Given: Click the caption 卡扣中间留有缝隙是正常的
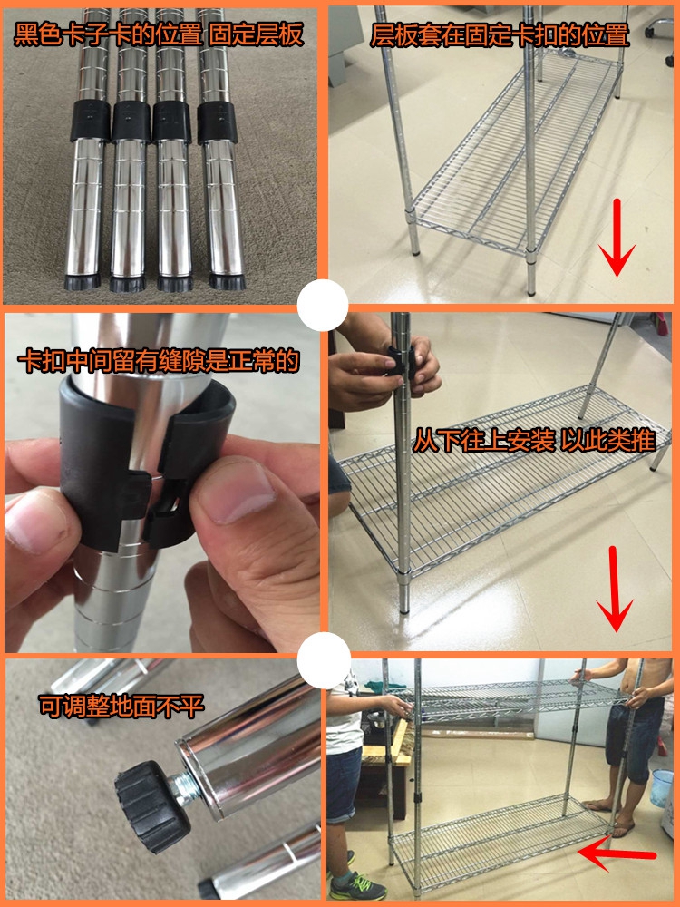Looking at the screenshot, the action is [159, 362].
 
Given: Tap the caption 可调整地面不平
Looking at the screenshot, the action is [121, 707].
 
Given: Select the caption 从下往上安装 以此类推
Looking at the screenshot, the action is [534, 442].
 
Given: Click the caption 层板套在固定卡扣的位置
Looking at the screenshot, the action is [500, 35].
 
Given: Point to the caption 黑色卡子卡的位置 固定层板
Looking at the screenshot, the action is [159, 34].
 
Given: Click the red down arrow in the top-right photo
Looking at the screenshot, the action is [617, 238].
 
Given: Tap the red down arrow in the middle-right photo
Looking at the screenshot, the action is [615, 589].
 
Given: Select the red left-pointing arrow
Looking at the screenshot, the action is [617, 855].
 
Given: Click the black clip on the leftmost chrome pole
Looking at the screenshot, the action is [90, 122].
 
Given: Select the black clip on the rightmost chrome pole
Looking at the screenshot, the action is [218, 122].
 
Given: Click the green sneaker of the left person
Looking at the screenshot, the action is [357, 885].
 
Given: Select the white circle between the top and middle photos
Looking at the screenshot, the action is [323, 305].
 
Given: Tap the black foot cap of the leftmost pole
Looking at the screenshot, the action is [83, 283].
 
